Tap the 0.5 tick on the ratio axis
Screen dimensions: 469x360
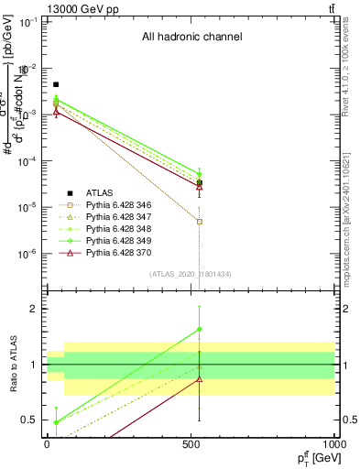pyautogui.click(x=31, y=420)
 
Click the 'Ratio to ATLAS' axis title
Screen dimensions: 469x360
pyautogui.click(x=15, y=364)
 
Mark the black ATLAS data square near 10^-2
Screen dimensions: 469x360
pyautogui.click(x=56, y=84)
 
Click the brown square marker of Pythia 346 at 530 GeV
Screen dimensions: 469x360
pyautogui.click(x=200, y=222)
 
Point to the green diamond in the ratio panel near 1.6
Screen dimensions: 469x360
pyautogui.click(x=200, y=329)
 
